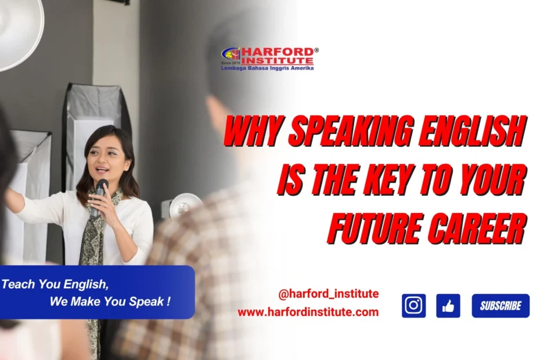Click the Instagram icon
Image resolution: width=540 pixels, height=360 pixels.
(x=413, y=305)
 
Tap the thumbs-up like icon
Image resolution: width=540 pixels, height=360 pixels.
(x=448, y=305)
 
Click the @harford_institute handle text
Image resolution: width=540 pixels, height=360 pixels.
(x=329, y=294)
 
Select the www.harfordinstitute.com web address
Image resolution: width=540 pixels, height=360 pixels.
(x=308, y=312)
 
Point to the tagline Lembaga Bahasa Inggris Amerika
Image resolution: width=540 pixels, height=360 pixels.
(x=267, y=68)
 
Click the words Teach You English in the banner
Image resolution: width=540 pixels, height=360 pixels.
(x=55, y=285)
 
